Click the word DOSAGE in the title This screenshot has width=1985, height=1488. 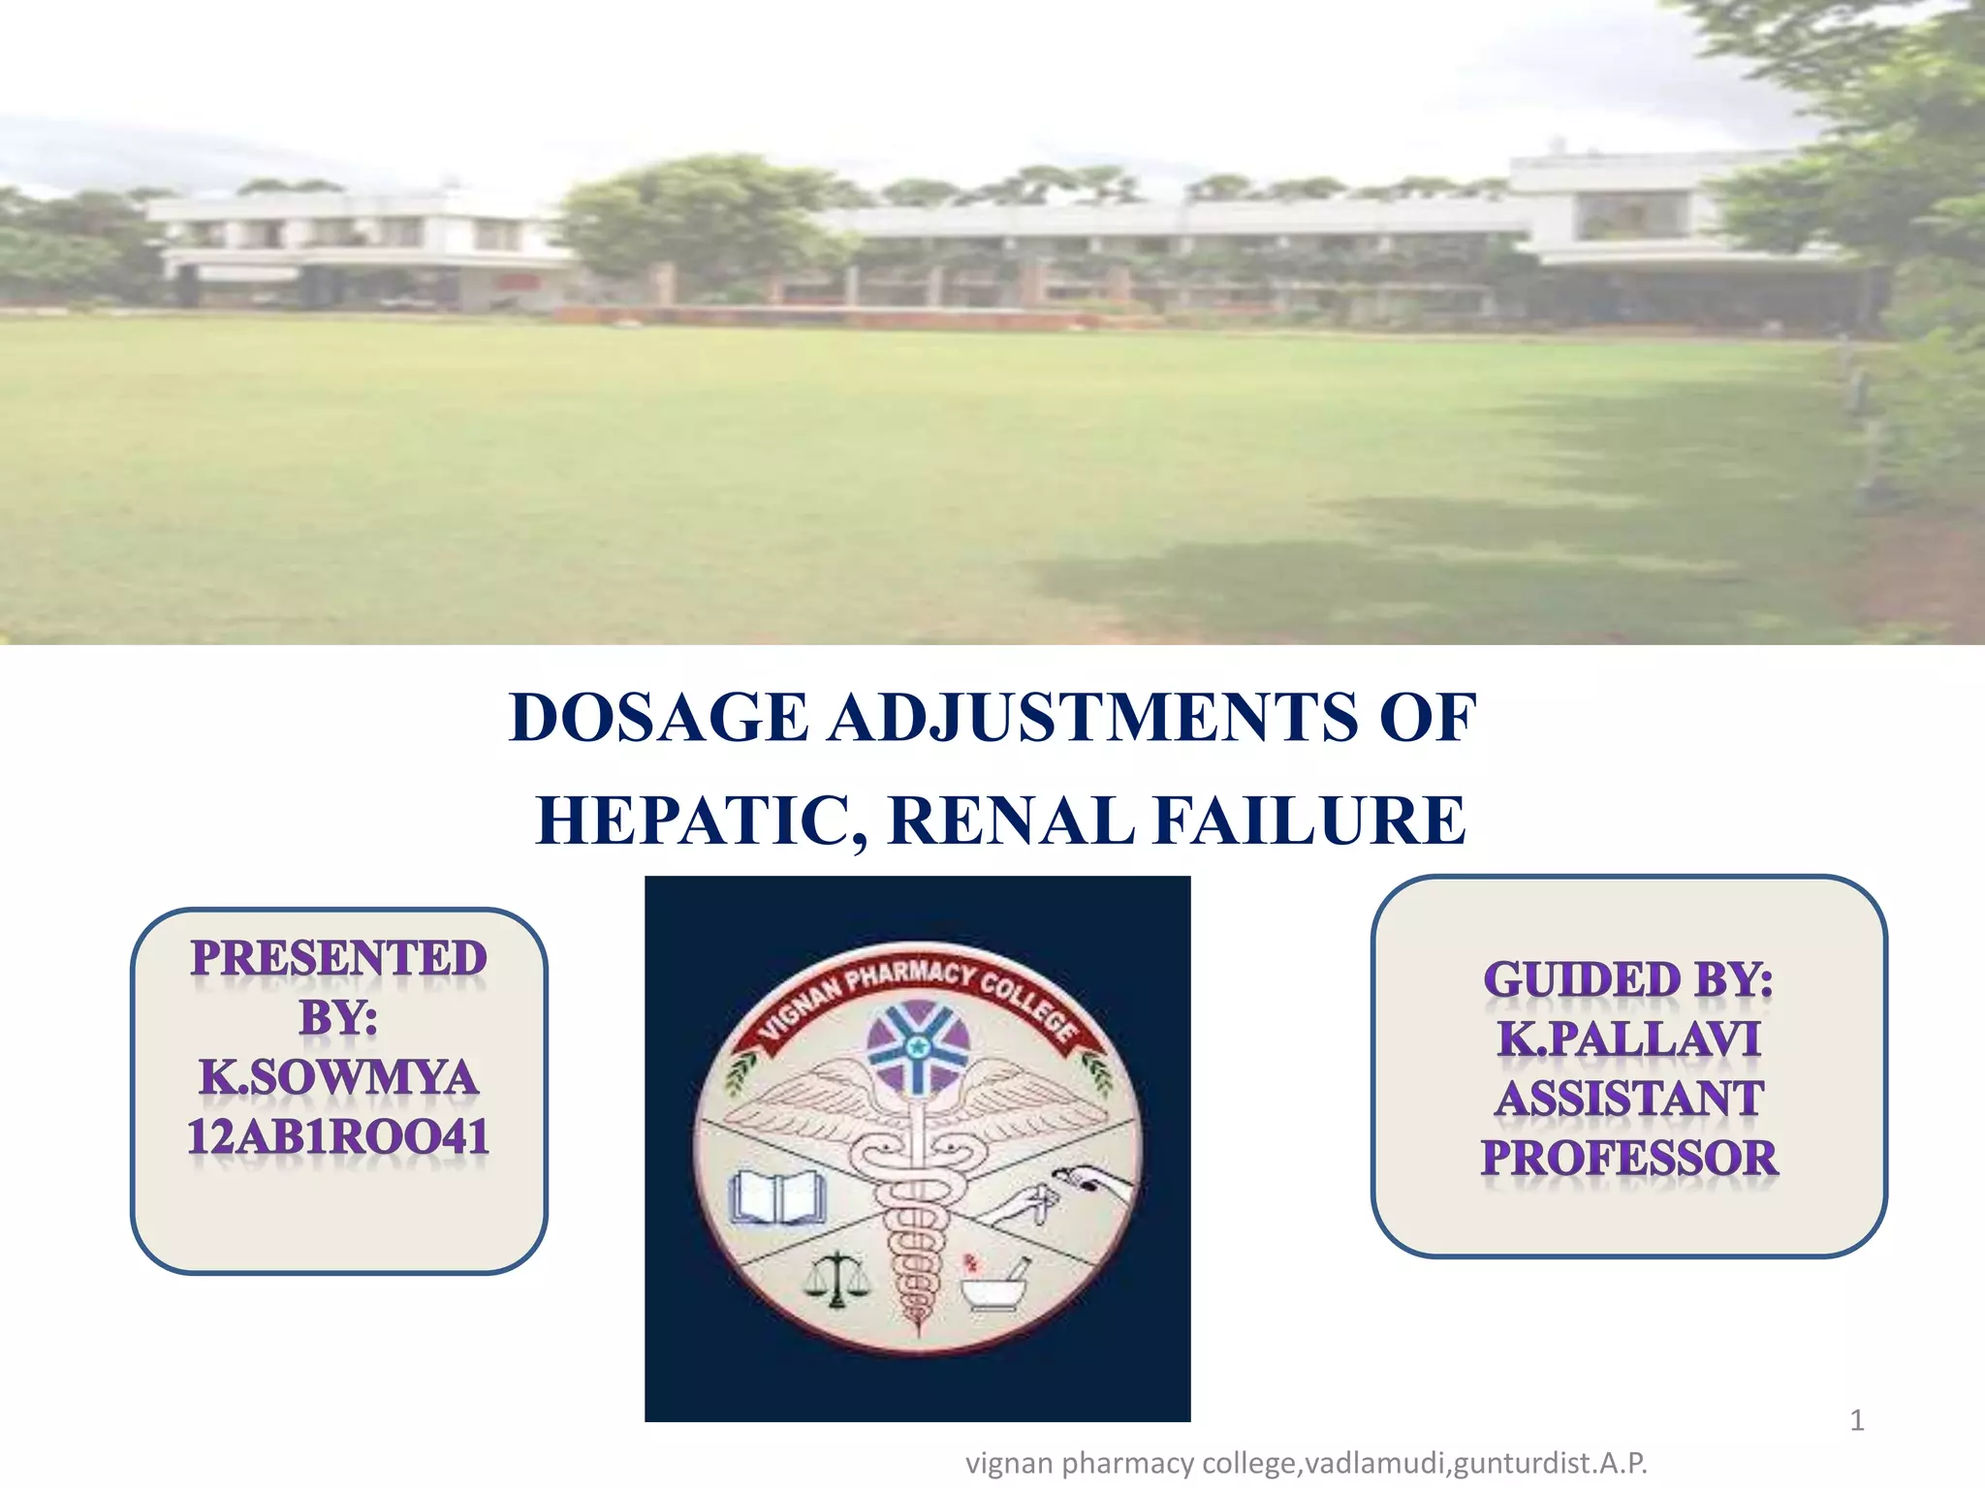click(x=658, y=718)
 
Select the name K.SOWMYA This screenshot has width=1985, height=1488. click(x=338, y=1077)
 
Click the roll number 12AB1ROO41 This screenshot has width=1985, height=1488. click(x=338, y=1137)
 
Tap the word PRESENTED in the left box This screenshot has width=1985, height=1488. click(x=338, y=959)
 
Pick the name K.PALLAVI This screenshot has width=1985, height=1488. click(x=1628, y=1039)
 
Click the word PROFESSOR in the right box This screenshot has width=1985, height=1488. click(x=1628, y=1159)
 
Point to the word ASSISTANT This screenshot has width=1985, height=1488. click(x=1628, y=1100)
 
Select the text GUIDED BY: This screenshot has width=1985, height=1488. click(x=1628, y=979)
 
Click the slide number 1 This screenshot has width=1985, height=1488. click(x=1856, y=1421)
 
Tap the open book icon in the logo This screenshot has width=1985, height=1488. click(x=777, y=1198)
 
